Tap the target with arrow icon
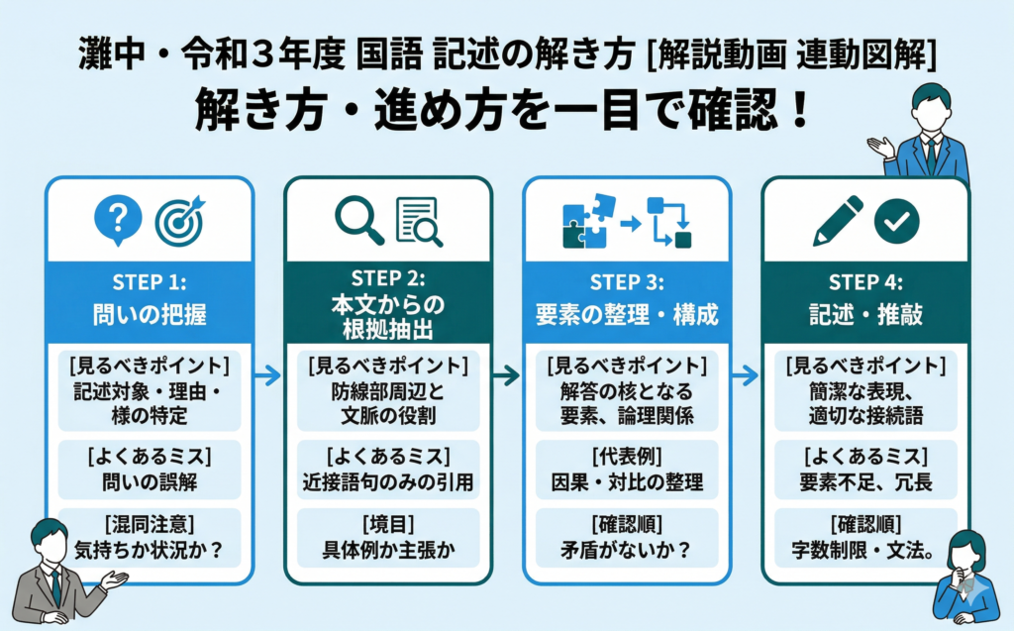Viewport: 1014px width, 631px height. coord(178,219)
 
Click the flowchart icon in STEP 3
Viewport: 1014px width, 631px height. coord(668,221)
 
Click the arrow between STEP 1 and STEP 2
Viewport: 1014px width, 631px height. coord(266,375)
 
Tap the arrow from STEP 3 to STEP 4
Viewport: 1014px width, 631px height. coord(746,375)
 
